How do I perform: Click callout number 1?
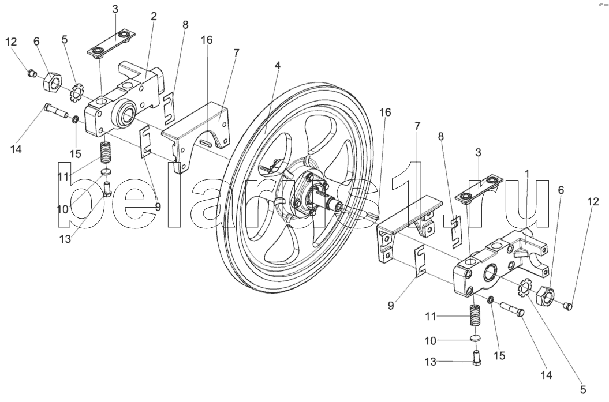526,173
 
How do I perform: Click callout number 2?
154,17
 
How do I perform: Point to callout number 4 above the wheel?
278,66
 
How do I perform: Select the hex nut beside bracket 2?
53,82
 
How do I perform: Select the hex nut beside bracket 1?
546,296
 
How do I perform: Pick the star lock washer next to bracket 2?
76,91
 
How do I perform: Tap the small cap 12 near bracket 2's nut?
33,73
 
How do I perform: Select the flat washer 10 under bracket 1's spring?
475,339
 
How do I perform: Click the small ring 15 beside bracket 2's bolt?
76,119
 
